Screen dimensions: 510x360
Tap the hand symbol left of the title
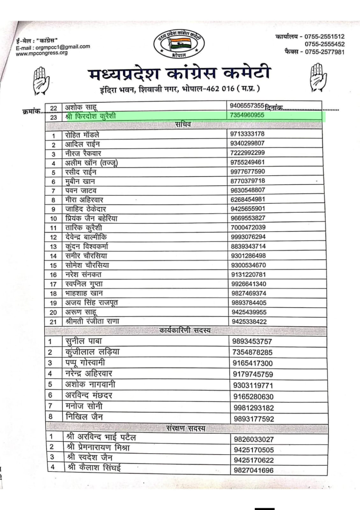point(41,80)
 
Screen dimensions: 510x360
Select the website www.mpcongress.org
point(42,53)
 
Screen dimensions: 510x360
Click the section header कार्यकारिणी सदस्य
point(185,330)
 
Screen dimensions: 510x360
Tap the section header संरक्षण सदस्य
point(187,428)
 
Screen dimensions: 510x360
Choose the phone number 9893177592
point(253,419)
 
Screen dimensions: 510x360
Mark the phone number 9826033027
point(253,439)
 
